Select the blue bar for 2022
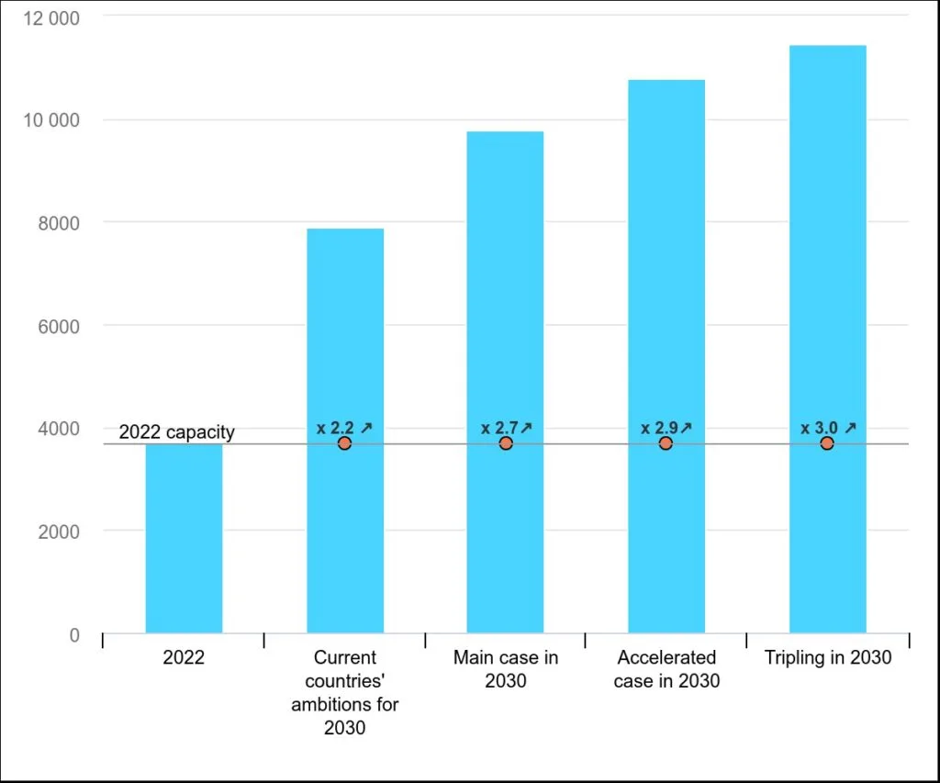pos(184,539)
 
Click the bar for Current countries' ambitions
pos(345,431)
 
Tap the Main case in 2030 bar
pos(506,382)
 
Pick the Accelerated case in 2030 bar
pos(666,356)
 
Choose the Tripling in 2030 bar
pos(828,339)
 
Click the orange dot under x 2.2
pos(344,443)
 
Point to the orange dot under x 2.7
pos(506,443)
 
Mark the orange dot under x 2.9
pos(666,443)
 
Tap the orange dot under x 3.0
pos(827,443)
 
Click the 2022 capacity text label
pos(177,432)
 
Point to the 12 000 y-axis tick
pos(51,18)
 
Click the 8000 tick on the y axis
pos(59,224)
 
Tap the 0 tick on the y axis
pos(74,635)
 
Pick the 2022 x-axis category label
pos(184,657)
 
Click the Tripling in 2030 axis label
pos(828,657)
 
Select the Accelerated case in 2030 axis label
pos(666,669)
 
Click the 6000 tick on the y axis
pos(59,327)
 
